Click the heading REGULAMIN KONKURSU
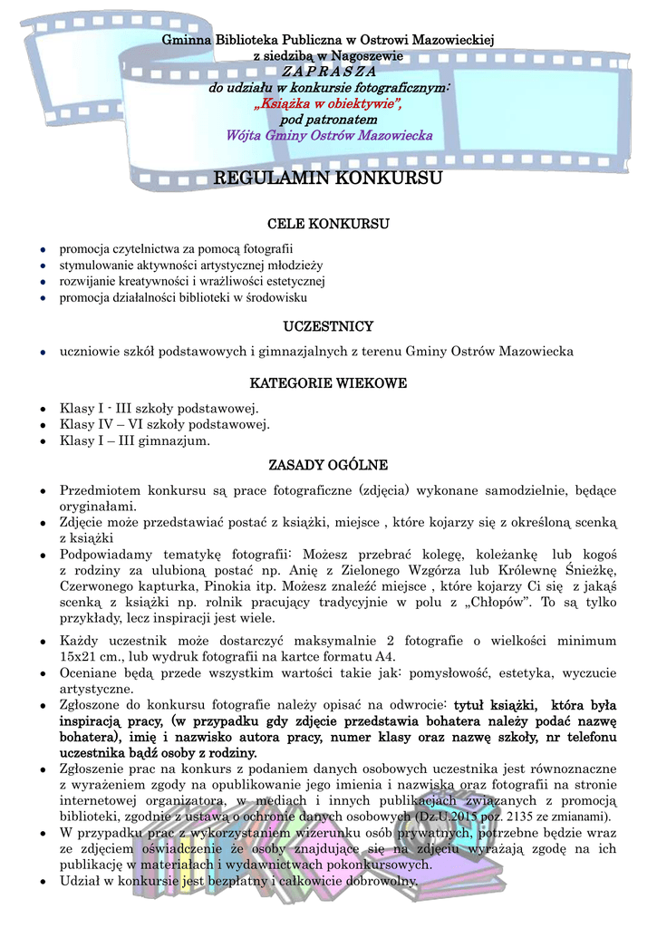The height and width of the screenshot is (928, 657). pyautogui.click(x=328, y=179)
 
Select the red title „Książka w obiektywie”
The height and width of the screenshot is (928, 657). pyautogui.click(x=328, y=104)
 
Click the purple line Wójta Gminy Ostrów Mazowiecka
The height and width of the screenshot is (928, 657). pyautogui.click(x=328, y=136)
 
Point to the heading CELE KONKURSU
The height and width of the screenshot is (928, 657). pyautogui.click(x=328, y=224)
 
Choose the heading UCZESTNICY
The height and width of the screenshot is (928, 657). pyautogui.click(x=328, y=326)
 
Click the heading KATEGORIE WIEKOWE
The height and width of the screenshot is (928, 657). pyautogui.click(x=328, y=383)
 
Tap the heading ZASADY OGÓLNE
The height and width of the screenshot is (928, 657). pyautogui.click(x=328, y=465)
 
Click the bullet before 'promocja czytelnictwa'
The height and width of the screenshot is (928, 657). pyautogui.click(x=43, y=248)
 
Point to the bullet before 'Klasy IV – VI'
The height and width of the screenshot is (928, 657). pyautogui.click(x=43, y=424)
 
